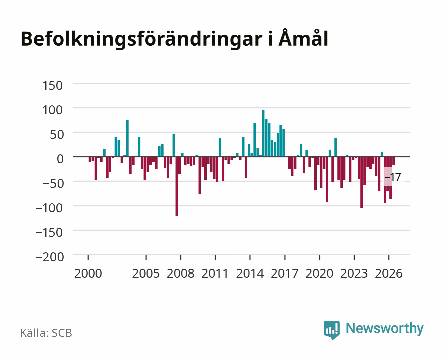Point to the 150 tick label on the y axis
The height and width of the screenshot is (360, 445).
tap(52, 86)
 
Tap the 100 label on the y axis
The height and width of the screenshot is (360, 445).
tap(52, 110)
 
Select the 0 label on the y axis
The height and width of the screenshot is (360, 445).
tap(60, 159)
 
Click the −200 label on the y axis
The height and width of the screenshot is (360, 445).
tap(50, 257)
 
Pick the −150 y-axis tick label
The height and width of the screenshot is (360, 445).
tap(49, 232)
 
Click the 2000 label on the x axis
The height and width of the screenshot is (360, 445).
tap(88, 273)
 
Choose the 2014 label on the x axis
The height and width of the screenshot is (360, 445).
tap(250, 273)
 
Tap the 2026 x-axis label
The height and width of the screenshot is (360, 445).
tap(389, 273)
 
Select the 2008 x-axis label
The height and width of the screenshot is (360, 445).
tap(181, 273)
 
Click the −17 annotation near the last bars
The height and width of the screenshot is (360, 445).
tap(393, 177)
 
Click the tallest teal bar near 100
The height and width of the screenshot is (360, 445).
tap(263, 133)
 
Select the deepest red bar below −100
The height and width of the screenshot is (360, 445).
tap(177, 186)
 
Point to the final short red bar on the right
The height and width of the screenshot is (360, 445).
tap(393, 161)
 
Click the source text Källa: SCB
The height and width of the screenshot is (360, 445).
tap(46, 333)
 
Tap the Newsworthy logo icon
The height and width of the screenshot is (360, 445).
tap(331, 330)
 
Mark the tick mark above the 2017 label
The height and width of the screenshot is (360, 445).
tap(285, 257)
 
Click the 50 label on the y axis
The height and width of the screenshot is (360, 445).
tap(57, 134)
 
